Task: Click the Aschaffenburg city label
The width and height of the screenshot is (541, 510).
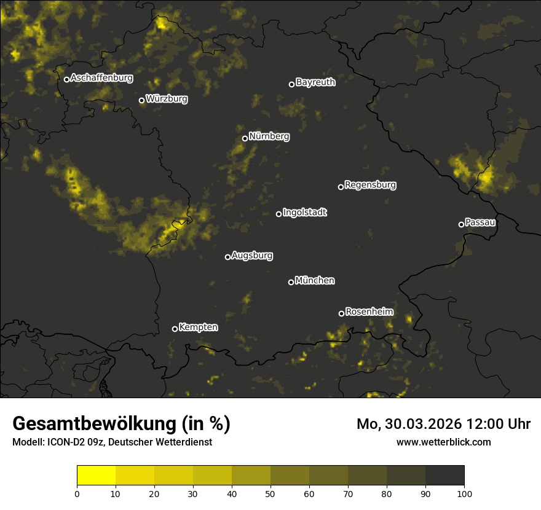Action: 101,78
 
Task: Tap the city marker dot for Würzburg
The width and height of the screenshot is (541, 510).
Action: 141,100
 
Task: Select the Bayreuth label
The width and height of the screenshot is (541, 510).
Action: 315,82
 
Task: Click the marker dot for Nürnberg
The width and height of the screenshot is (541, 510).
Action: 245,138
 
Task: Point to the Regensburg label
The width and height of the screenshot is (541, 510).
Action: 370,184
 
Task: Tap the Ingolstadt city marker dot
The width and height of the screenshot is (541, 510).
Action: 278,214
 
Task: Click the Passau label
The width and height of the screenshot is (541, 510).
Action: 480,222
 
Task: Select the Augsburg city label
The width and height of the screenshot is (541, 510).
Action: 252,255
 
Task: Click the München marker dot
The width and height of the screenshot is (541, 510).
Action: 291,282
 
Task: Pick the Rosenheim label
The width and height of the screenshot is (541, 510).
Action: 369,312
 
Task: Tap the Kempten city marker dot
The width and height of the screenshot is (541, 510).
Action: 175,329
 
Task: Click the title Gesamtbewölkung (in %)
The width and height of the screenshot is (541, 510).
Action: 121,424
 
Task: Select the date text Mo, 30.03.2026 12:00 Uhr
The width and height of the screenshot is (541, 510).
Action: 443,424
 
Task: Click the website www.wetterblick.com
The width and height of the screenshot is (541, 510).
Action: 443,442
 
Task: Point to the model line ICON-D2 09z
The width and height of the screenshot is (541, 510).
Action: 112,442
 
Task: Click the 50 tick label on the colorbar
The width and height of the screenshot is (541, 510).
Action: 270,493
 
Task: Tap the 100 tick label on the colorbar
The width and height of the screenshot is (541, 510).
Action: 464,493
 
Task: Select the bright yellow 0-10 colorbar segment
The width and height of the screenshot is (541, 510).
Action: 96,476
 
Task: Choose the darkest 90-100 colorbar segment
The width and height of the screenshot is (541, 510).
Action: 444,476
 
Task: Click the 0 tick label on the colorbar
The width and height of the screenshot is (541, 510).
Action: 77,493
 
